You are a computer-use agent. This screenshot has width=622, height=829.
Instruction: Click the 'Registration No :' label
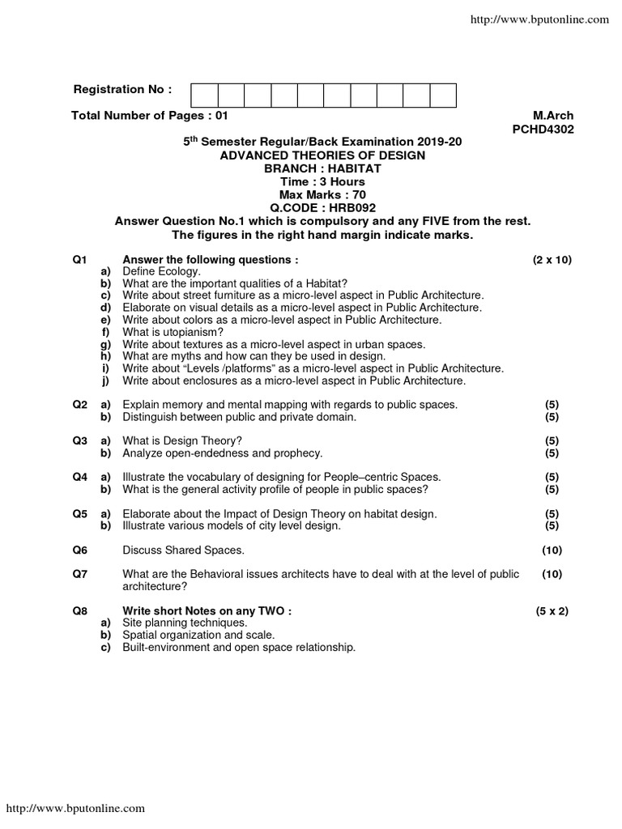tap(122, 88)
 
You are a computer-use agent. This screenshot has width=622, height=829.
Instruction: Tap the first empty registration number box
tap(204, 95)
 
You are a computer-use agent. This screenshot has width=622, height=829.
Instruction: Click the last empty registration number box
tap(443, 95)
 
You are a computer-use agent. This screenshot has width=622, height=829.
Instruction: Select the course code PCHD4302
tap(543, 128)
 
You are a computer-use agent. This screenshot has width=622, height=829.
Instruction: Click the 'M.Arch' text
tap(552, 116)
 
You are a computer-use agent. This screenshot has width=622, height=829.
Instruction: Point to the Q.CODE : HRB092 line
tap(322, 207)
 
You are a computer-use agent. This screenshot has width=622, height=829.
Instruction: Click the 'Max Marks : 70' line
tap(322, 194)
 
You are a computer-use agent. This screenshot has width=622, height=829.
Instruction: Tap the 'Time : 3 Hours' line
tap(322, 181)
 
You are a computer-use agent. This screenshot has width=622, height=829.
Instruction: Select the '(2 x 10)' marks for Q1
tap(552, 260)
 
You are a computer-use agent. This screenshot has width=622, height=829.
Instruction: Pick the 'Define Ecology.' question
tap(160, 271)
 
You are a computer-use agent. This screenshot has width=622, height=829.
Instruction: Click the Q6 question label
tap(79, 551)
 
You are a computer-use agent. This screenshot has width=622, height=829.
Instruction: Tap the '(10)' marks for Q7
tap(552, 574)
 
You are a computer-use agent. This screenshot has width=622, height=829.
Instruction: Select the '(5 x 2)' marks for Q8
tap(552, 611)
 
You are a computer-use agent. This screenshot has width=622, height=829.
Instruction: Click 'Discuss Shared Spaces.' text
tap(182, 551)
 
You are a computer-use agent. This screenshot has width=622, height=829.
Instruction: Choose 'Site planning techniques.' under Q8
tap(185, 623)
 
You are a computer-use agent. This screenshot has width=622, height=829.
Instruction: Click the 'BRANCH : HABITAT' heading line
tap(322, 168)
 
